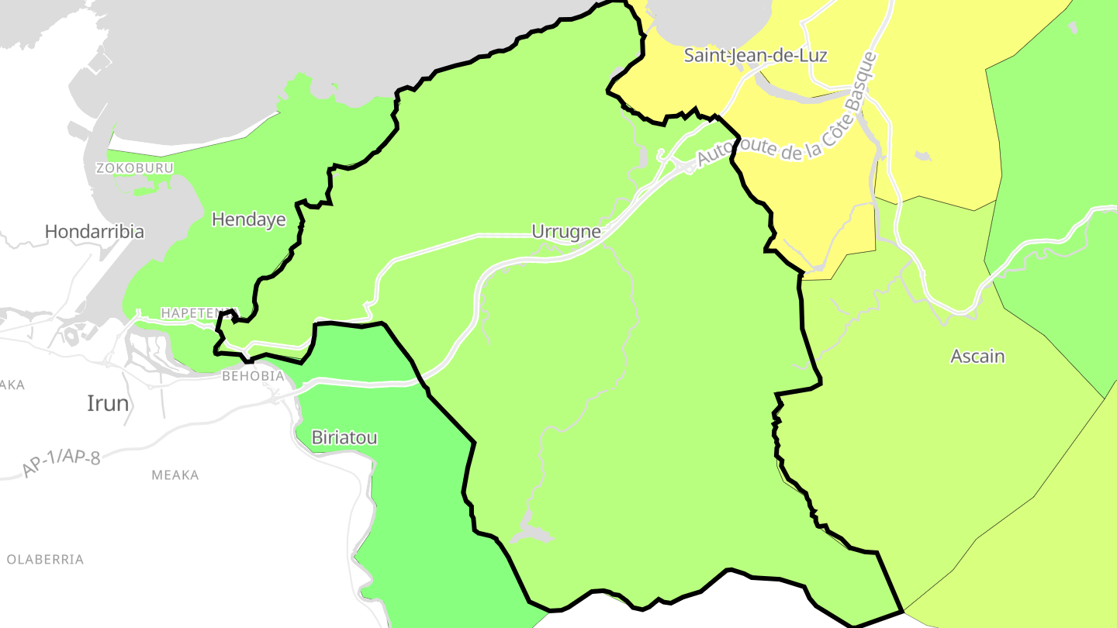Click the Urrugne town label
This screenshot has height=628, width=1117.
pyautogui.click(x=565, y=231)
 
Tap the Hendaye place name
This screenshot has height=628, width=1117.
pyautogui.click(x=248, y=219)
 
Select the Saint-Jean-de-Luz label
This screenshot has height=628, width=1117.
pyautogui.click(x=755, y=56)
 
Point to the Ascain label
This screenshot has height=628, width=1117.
pyautogui.click(x=977, y=357)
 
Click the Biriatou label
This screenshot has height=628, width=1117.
pyautogui.click(x=344, y=438)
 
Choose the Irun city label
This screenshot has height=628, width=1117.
pyautogui.click(x=108, y=403)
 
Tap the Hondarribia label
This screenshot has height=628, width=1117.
pyautogui.click(x=94, y=231)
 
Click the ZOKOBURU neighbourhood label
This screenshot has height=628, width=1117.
pyautogui.click(x=134, y=168)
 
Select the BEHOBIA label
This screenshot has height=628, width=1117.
pyautogui.click(x=252, y=376)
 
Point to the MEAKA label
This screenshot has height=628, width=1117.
pyautogui.click(x=175, y=475)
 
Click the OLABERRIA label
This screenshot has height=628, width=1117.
pyautogui.click(x=45, y=559)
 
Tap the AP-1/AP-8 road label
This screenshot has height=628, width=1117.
pyautogui.click(x=61, y=463)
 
